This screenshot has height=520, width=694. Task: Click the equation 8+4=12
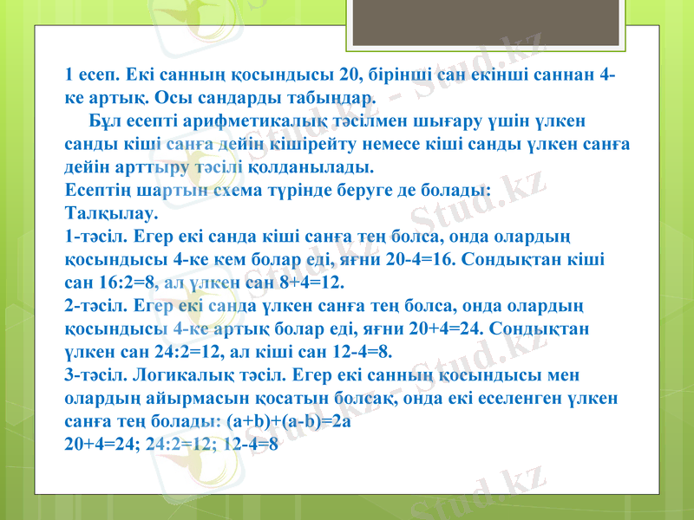(x=306, y=282)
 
